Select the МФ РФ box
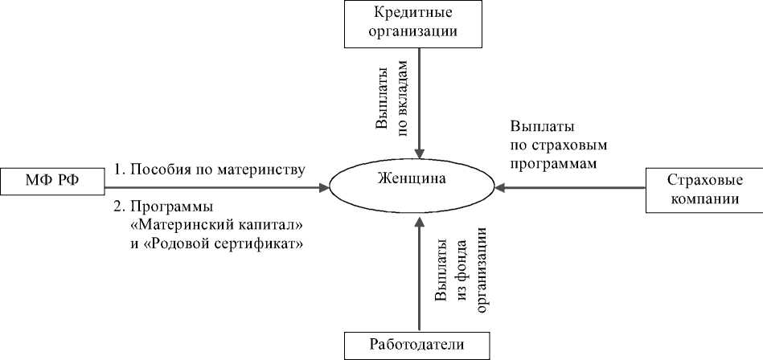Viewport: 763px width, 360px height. (x=52, y=180)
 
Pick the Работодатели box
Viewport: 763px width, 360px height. (x=416, y=346)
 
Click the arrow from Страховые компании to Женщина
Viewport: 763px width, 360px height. (x=571, y=190)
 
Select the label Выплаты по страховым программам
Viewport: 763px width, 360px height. (x=558, y=145)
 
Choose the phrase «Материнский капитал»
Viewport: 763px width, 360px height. (x=215, y=223)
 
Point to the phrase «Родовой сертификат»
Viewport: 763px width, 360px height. (x=224, y=241)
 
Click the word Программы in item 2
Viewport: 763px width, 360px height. (x=165, y=205)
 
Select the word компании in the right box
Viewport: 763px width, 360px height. (x=704, y=199)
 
